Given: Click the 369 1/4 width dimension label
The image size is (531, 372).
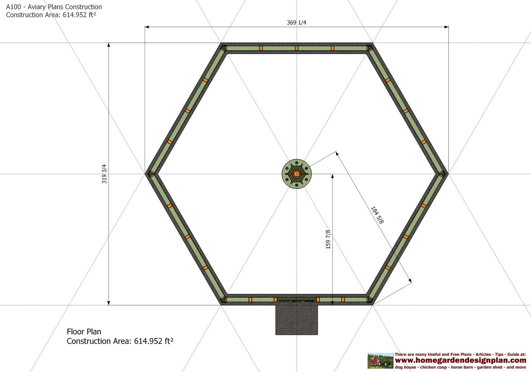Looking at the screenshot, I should click(296, 23).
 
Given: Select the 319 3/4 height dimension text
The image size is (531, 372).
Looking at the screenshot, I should click(104, 174).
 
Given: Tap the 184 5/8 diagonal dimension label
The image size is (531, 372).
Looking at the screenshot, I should click(377, 215).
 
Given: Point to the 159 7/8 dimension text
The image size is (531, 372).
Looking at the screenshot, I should click(328, 239).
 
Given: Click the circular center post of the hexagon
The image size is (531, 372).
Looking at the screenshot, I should click(297, 174).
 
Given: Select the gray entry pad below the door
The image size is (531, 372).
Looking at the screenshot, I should click(296, 320).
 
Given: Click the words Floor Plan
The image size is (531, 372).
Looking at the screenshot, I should click(84, 332).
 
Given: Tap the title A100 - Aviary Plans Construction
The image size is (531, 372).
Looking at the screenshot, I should click(54, 7).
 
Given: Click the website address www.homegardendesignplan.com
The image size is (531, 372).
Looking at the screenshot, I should click(460, 360).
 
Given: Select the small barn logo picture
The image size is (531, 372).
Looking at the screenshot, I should click(380, 361).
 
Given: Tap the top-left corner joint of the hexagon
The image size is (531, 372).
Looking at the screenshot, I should click(224, 48).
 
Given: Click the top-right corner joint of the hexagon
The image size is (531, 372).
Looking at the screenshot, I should click(369, 48).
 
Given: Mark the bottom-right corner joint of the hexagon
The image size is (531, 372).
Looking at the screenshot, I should click(369, 300).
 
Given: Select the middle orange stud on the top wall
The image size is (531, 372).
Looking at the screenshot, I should click(297, 48).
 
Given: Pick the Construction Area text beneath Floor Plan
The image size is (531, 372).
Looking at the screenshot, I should click(120, 341).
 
